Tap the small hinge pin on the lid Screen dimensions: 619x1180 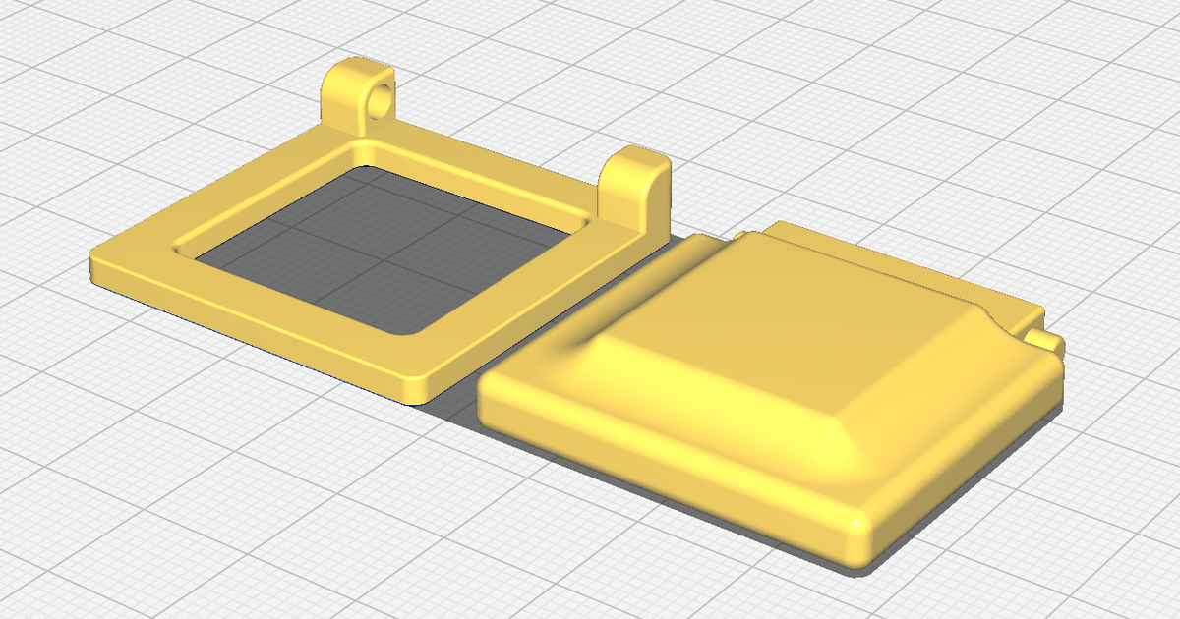(x=1044, y=340)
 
